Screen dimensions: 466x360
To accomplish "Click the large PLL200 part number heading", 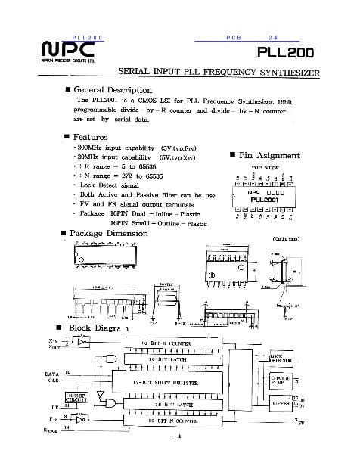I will [x=280, y=53].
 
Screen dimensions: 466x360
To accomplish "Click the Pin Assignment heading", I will [x=275, y=154].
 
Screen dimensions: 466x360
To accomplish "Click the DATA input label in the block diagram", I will [x=51, y=374].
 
